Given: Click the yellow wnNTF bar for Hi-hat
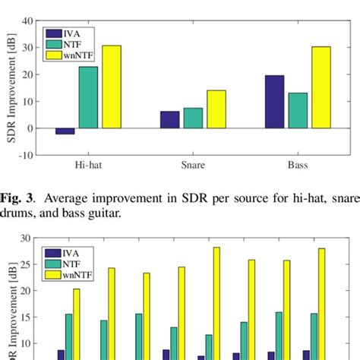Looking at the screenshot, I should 111,87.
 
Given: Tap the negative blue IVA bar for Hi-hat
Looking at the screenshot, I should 65,131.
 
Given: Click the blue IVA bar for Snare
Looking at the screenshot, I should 170,120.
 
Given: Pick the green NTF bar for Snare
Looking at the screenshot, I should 193,118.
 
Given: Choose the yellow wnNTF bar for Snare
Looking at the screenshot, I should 216,109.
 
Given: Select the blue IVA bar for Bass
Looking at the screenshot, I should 274,102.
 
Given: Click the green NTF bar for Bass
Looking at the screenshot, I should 298,111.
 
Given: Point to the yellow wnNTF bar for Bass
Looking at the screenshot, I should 321,87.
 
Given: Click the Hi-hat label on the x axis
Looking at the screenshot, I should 87,163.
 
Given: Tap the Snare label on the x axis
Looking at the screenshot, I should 193,163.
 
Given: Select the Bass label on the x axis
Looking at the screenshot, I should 298,163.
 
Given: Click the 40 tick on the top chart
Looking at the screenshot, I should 27,21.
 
